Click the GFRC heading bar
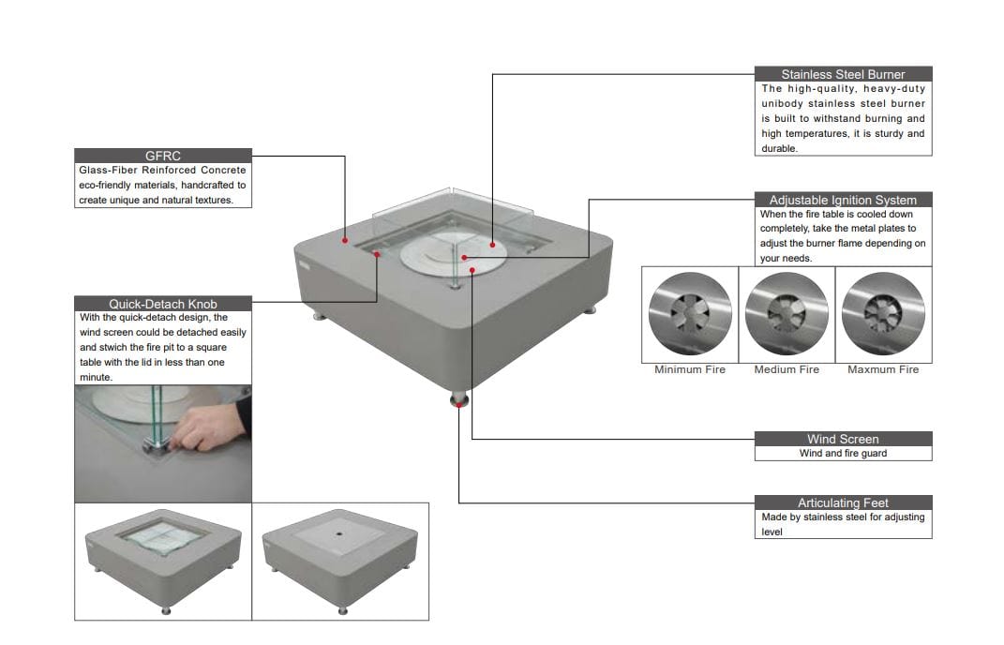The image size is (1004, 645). [163, 156]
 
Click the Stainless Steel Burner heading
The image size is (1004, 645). [843, 74]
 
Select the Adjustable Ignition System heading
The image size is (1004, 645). [843, 200]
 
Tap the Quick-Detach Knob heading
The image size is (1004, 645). [163, 304]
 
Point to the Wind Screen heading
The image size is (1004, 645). [843, 439]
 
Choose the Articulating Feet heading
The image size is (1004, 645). [843, 502]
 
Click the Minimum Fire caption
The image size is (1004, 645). [690, 370]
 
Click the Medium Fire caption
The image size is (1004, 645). [787, 370]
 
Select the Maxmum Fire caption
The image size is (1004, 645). [883, 370]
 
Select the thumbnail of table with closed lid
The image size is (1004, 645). [340, 561]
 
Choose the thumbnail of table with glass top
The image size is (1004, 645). [163, 561]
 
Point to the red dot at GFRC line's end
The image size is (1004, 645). [346, 240]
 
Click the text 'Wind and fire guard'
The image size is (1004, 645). [843, 454]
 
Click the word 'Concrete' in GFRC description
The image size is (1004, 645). [224, 171]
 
